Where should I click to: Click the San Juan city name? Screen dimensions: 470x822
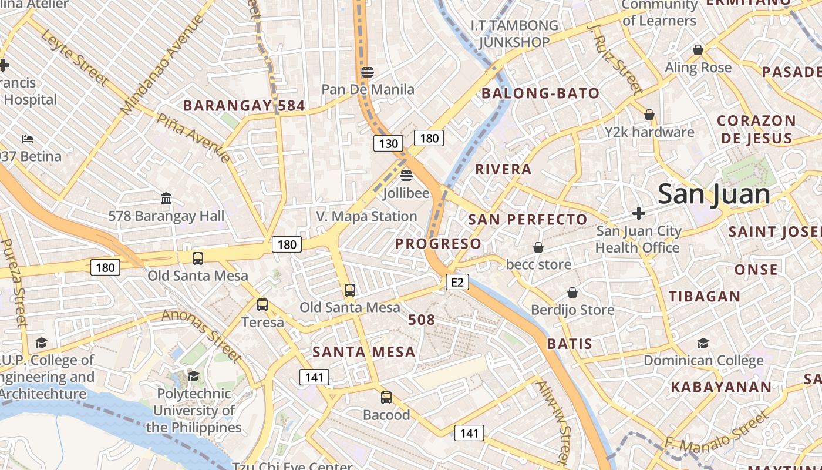[x=713, y=194]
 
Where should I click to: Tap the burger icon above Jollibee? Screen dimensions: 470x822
[x=406, y=176]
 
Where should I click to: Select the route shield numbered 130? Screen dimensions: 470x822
[x=388, y=143]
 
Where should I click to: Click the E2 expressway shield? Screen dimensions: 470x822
[x=457, y=283]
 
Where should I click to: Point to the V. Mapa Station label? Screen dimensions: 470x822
[x=366, y=216]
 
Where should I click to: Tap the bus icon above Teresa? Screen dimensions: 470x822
[x=262, y=305]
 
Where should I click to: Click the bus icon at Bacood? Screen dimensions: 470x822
[x=386, y=398]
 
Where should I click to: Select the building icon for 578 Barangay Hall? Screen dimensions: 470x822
[x=166, y=199]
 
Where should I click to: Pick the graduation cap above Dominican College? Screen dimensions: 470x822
[x=703, y=343]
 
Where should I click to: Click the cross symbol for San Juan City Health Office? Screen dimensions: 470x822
[x=639, y=213]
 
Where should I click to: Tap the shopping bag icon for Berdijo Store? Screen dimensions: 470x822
[x=572, y=293]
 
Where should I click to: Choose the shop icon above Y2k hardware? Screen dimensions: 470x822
[x=649, y=115]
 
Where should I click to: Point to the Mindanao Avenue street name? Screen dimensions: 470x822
[x=161, y=65]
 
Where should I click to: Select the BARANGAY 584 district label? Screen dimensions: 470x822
[x=244, y=106]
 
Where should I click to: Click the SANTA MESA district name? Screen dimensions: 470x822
[x=364, y=352]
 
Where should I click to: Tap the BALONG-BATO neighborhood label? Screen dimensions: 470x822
[x=540, y=93]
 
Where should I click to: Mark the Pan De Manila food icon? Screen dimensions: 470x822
[x=368, y=72]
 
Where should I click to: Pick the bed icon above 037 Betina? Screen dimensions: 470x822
[x=28, y=139]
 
